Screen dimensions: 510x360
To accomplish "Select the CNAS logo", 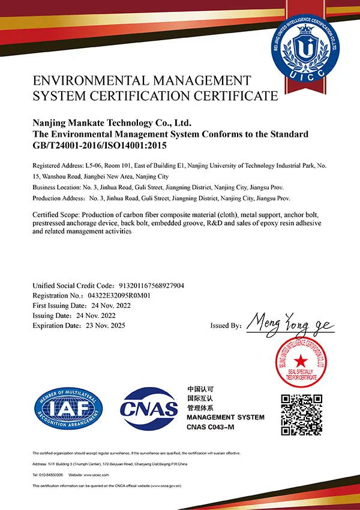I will tap(149, 408).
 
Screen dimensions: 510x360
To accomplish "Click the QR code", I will tap(302, 414).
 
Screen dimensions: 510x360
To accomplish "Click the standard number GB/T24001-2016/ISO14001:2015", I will tap(99, 145).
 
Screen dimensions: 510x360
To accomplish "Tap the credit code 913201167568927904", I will tap(149, 286).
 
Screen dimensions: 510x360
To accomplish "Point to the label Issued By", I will tap(226, 326).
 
